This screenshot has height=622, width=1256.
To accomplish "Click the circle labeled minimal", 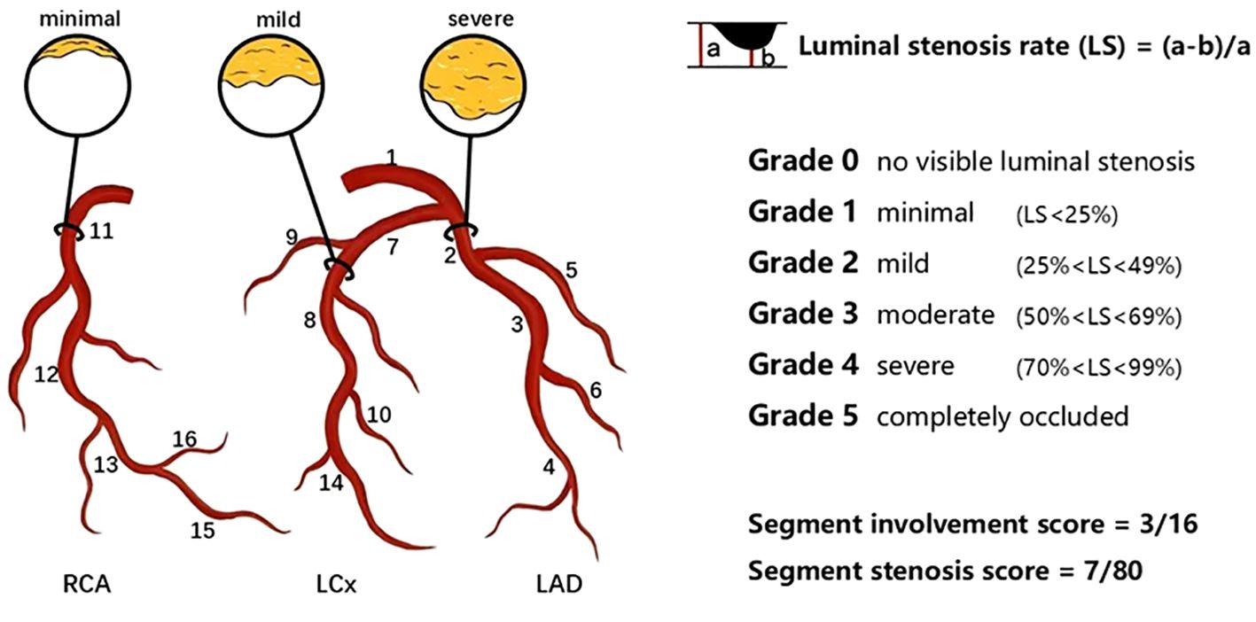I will point(78,82).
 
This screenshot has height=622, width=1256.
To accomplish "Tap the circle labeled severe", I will point(471,82).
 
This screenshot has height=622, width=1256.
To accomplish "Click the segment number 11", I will point(102,232).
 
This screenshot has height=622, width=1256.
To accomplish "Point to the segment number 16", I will point(184,439).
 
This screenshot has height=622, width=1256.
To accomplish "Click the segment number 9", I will point(291,237).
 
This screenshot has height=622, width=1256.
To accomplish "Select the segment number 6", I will point(595,390).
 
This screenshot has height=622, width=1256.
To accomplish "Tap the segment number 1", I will point(390,158).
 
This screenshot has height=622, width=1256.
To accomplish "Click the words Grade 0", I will point(802,161).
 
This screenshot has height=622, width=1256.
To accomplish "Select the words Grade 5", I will point(802,415).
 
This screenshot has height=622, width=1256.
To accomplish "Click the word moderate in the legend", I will point(935,315).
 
